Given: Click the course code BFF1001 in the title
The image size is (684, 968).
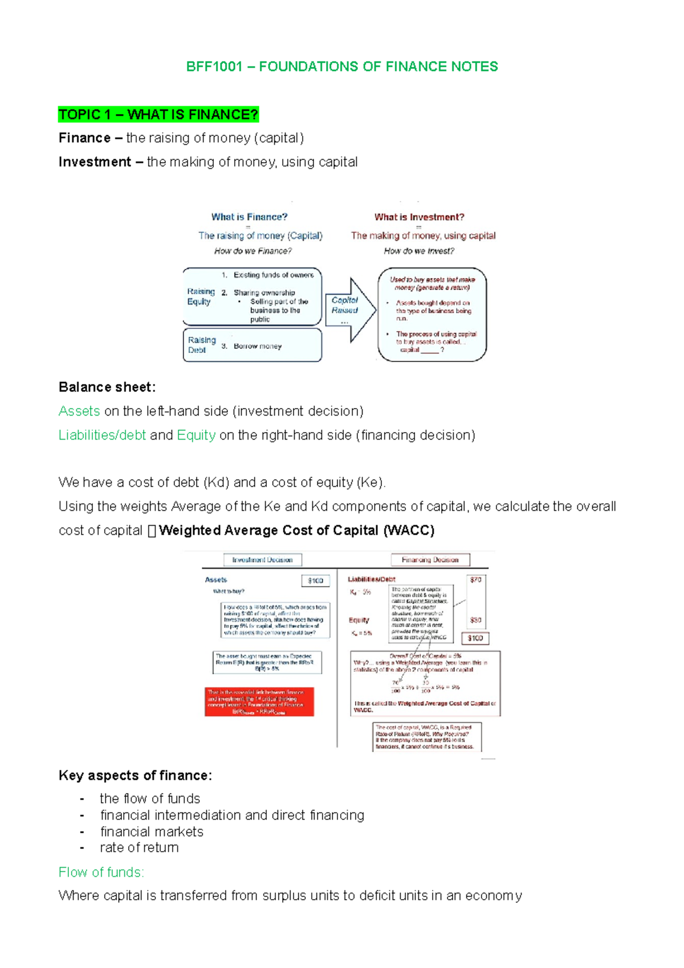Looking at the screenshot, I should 214,67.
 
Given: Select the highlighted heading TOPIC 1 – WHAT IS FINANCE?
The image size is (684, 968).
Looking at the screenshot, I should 158,115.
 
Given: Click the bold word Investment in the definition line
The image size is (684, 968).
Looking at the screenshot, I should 95,162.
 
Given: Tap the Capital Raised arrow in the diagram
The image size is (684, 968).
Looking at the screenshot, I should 348,309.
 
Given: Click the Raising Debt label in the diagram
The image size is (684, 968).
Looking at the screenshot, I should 201,345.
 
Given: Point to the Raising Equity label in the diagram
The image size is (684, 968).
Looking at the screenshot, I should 201,296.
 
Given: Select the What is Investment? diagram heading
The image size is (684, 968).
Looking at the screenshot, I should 419,217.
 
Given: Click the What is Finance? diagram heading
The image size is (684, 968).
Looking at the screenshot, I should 249,217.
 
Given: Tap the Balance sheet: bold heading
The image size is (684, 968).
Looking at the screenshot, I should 107,387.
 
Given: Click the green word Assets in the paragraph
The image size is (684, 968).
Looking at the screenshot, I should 79,411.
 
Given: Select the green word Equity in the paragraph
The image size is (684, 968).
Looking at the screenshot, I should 196,435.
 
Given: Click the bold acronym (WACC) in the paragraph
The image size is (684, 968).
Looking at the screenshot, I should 409,530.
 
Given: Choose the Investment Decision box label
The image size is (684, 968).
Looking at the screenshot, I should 262,560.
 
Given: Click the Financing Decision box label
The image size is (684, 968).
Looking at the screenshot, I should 430,560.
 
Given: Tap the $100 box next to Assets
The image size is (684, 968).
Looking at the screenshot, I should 315,580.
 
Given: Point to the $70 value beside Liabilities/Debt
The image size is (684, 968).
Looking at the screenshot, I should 475,579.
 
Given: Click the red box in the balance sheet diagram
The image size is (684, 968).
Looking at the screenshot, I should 259,701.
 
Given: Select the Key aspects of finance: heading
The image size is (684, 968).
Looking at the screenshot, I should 135,775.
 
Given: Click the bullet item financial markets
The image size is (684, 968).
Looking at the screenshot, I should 152,832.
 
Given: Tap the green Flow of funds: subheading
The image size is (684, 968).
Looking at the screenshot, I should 101,872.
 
